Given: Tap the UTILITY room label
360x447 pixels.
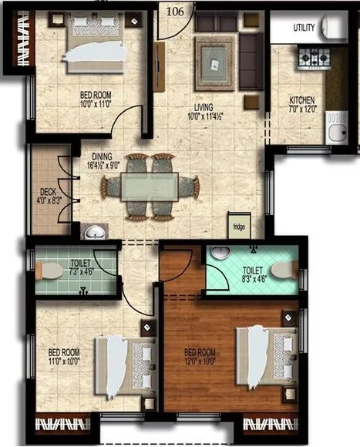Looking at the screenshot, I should point(303,28).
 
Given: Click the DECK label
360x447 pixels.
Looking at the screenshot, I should point(46,193).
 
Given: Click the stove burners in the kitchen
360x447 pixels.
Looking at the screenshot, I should point(314,57).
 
